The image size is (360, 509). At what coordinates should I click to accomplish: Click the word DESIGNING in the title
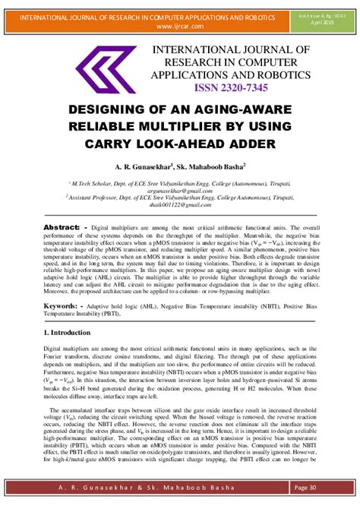pos(125,110)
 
